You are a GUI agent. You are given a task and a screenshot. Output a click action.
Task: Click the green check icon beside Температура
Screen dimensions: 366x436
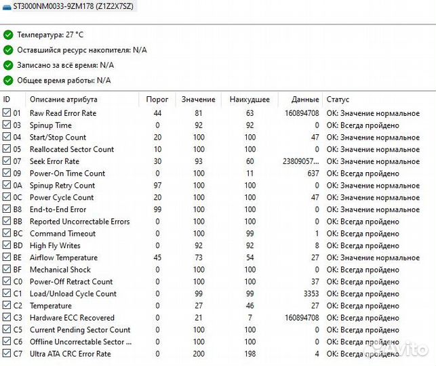pos(8,34)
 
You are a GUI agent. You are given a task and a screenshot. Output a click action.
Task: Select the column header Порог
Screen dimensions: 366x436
pos(157,100)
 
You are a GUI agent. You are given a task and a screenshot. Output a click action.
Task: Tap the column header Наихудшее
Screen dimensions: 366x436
pos(250,100)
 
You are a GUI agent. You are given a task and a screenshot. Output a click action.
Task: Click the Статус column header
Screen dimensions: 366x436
pos(338,100)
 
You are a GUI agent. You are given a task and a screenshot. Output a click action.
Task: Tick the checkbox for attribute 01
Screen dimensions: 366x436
pos(7,113)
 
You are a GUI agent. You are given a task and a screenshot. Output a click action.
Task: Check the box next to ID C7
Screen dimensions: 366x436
pos(7,354)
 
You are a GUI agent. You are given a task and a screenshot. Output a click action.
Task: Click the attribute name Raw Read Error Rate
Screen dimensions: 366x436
pos(63,113)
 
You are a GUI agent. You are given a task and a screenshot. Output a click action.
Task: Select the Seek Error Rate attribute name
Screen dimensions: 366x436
pos(54,161)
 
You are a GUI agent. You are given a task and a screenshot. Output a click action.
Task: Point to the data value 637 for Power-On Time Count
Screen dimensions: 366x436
pos(312,174)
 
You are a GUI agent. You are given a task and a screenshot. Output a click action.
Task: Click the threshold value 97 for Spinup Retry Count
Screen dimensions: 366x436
pos(157,186)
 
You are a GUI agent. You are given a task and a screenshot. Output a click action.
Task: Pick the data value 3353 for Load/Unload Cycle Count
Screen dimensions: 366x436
pos(310,294)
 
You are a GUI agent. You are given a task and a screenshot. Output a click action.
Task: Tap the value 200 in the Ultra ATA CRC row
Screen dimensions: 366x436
pos(198,354)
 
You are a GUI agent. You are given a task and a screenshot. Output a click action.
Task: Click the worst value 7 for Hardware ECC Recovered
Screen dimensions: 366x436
pos(250,318)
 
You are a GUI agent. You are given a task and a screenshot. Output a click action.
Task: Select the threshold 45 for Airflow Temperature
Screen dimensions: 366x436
pos(157,258)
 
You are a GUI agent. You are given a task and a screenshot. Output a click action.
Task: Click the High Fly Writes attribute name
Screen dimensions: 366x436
pos(55,245)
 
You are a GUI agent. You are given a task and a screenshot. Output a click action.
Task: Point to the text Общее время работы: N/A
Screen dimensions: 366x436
pos(64,80)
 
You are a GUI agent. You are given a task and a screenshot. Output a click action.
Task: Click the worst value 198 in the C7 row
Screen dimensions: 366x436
pos(250,354)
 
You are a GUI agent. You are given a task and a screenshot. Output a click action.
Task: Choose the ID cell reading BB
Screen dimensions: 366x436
pos(17,222)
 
